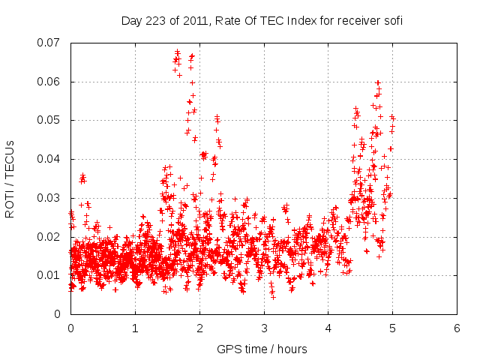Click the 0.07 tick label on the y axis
pos(51,43)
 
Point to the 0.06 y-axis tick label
pos(51,82)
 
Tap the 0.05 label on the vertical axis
pos(51,120)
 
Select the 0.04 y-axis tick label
pos(51,159)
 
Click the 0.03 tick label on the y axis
pos(51,198)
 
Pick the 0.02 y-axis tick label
pos(51,237)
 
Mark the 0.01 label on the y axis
pos(51,275)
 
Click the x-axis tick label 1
pos(135,328)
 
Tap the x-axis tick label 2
pos(199,328)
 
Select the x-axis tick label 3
pos(264,328)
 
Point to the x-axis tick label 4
pos(328,328)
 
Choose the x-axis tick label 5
pos(393,328)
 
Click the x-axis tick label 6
pos(457,328)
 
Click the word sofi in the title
pos(392,21)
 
